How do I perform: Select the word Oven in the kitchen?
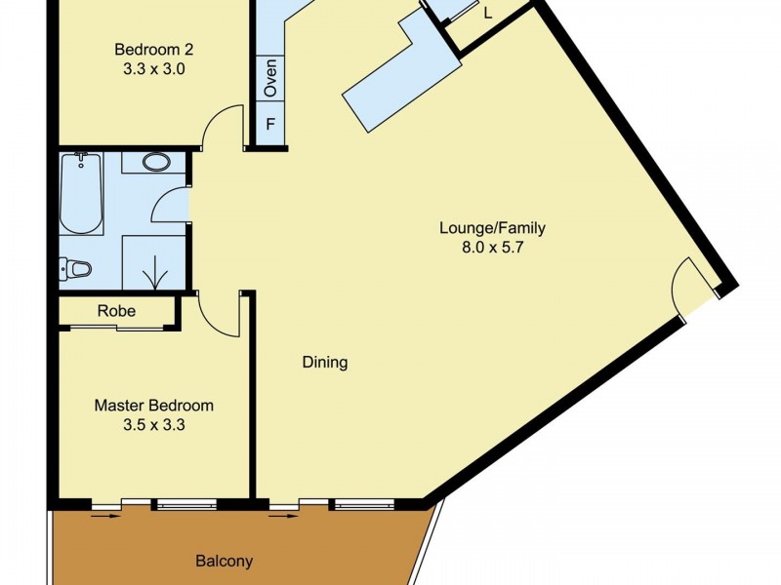[270, 78]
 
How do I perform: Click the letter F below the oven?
[270, 125]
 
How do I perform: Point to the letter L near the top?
[487, 14]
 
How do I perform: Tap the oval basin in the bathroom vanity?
[155, 162]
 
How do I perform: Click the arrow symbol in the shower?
[154, 272]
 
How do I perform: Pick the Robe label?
[116, 311]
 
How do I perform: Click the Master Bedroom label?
[153, 405]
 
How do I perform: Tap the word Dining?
[324, 363]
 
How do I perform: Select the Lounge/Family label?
[491, 228]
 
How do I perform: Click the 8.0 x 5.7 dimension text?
[491, 248]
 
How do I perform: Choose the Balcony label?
[224, 561]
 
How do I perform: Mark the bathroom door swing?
[174, 204]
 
